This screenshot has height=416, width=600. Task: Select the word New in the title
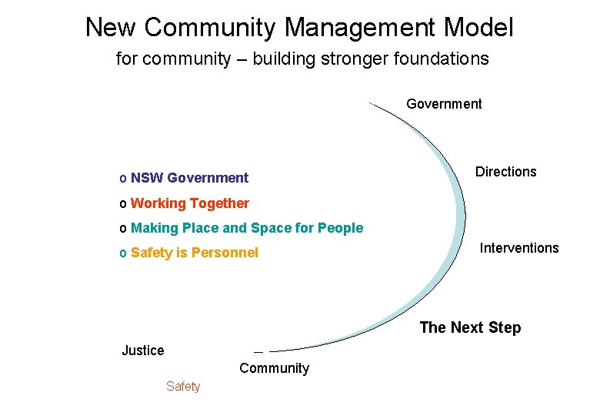(x=111, y=28)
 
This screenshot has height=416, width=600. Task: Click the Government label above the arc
(x=444, y=104)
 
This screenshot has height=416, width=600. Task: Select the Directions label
(x=505, y=172)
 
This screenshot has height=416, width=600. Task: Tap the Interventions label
(x=519, y=248)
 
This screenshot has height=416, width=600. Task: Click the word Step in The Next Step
(x=503, y=327)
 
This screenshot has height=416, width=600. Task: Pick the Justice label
(x=143, y=351)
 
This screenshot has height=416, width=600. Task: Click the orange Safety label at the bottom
(x=183, y=387)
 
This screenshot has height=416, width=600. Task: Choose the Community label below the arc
(x=274, y=368)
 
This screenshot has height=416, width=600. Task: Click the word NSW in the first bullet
(x=147, y=178)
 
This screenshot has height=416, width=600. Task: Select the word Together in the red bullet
(x=219, y=203)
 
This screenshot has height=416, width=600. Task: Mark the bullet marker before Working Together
(x=123, y=204)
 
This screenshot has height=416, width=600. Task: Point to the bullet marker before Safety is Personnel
(x=123, y=253)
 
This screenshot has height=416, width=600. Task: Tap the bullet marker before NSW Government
(x=123, y=179)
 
